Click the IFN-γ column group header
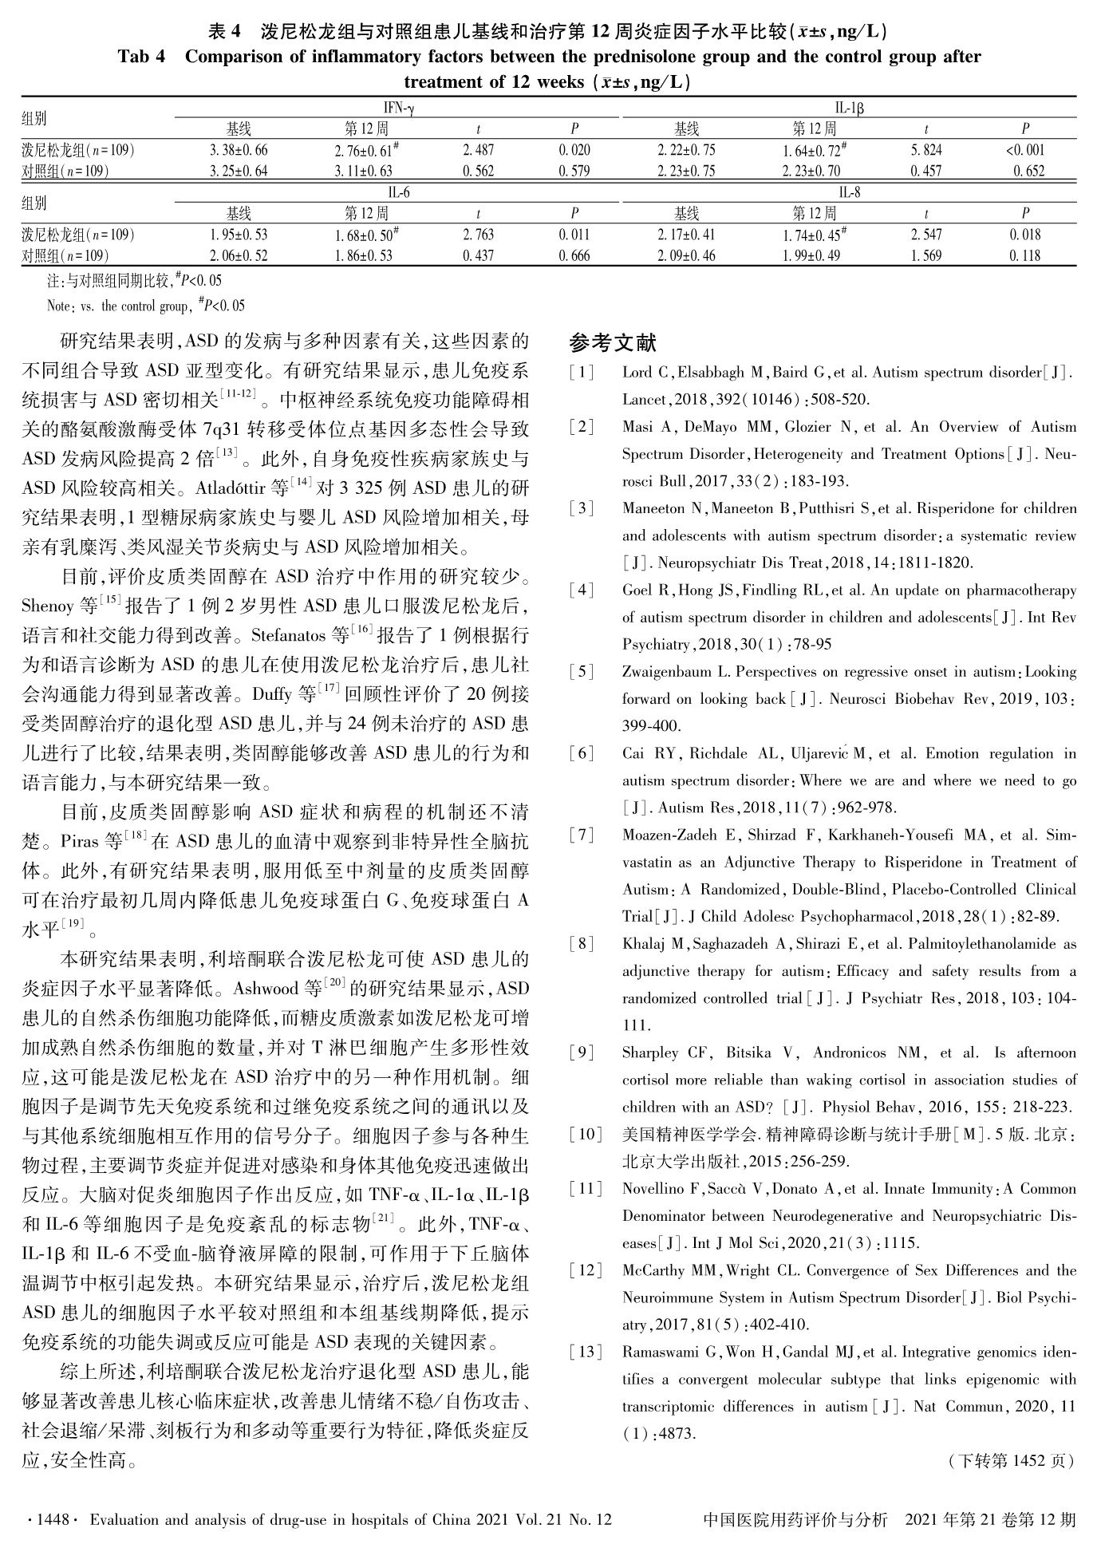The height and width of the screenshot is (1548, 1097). [x=398, y=109]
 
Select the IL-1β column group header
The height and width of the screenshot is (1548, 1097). [x=850, y=109]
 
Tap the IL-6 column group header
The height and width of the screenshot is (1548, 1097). [x=398, y=193]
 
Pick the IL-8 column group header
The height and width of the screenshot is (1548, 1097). [x=850, y=193]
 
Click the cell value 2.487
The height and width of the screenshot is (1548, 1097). [x=478, y=150]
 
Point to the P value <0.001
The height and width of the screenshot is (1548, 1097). [x=1025, y=150]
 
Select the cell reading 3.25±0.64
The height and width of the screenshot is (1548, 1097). [x=239, y=171]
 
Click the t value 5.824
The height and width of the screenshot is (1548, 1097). [x=926, y=150]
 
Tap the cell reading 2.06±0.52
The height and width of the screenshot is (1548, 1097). [x=239, y=255]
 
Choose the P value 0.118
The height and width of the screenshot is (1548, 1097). [x=1025, y=255]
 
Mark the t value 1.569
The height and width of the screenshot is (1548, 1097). [x=926, y=255]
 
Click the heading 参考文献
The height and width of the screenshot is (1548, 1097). [x=613, y=343]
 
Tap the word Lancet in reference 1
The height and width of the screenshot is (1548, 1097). [x=645, y=399]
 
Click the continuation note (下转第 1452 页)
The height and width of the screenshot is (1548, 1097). [x=1011, y=1461]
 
